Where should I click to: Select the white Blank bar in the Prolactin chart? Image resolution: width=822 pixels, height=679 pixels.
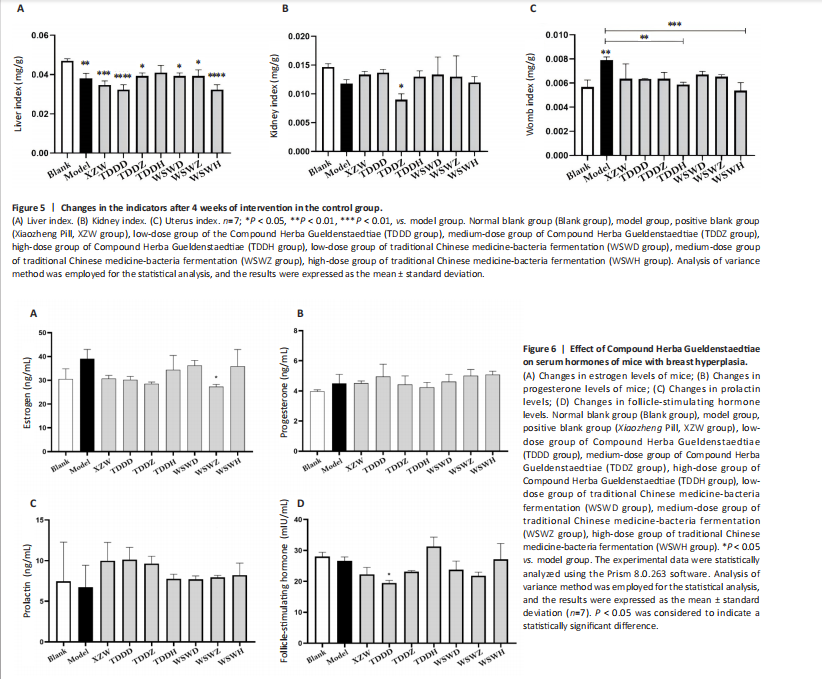(64, 612)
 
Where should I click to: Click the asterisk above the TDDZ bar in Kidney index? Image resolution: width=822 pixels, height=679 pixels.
(400, 86)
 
